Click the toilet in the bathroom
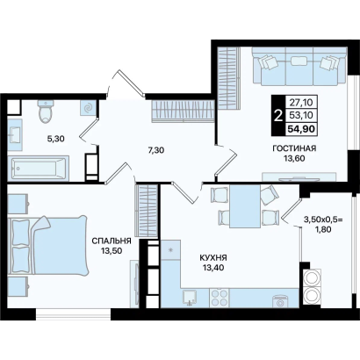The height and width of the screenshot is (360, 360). (x=46, y=112)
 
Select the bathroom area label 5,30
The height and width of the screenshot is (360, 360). (x=56, y=139)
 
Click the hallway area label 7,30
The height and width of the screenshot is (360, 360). (x=155, y=150)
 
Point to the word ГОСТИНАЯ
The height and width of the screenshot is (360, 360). (x=294, y=148)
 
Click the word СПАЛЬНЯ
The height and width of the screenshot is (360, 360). (x=112, y=241)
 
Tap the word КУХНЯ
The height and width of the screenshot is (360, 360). (x=213, y=258)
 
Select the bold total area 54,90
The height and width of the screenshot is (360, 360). (x=302, y=129)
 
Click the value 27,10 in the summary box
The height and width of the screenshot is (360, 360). (x=301, y=103)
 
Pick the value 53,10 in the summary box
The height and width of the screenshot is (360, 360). (x=301, y=116)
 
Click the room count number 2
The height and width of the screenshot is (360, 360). (x=278, y=116)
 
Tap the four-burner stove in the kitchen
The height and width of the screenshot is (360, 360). (x=220, y=298)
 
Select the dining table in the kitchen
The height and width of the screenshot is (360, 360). (x=245, y=206)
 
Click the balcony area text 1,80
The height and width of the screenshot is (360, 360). (x=323, y=229)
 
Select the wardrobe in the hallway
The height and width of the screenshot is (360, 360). (x=184, y=111)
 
